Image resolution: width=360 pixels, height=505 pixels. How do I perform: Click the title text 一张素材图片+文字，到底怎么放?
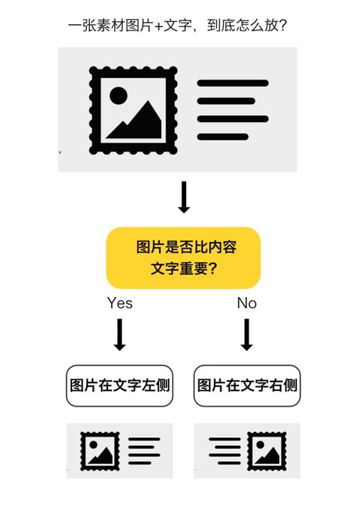(177, 25)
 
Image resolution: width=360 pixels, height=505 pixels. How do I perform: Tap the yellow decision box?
(183, 258)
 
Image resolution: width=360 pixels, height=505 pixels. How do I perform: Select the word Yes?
(119, 303)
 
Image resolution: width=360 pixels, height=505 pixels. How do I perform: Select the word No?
(247, 303)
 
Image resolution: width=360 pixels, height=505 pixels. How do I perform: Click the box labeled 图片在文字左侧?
(119, 386)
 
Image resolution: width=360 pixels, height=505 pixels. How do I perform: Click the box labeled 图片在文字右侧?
(247, 386)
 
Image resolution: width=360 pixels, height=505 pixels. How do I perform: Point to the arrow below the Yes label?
(119, 335)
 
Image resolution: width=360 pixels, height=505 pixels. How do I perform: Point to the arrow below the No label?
(247, 335)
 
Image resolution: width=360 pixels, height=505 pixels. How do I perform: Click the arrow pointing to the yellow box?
(184, 197)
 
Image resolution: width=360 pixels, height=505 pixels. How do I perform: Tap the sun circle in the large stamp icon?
(119, 95)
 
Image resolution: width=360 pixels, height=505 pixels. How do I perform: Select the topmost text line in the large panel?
(233, 83)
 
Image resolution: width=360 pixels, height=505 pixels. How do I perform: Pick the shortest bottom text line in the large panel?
(223, 137)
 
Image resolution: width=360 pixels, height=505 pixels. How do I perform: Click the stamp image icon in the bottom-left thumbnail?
(100, 451)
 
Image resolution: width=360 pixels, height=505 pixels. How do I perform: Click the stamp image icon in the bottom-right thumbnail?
(267, 451)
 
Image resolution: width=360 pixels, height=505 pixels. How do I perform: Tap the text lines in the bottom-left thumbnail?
(144, 451)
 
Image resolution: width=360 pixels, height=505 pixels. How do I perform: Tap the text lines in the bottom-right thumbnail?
(224, 451)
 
